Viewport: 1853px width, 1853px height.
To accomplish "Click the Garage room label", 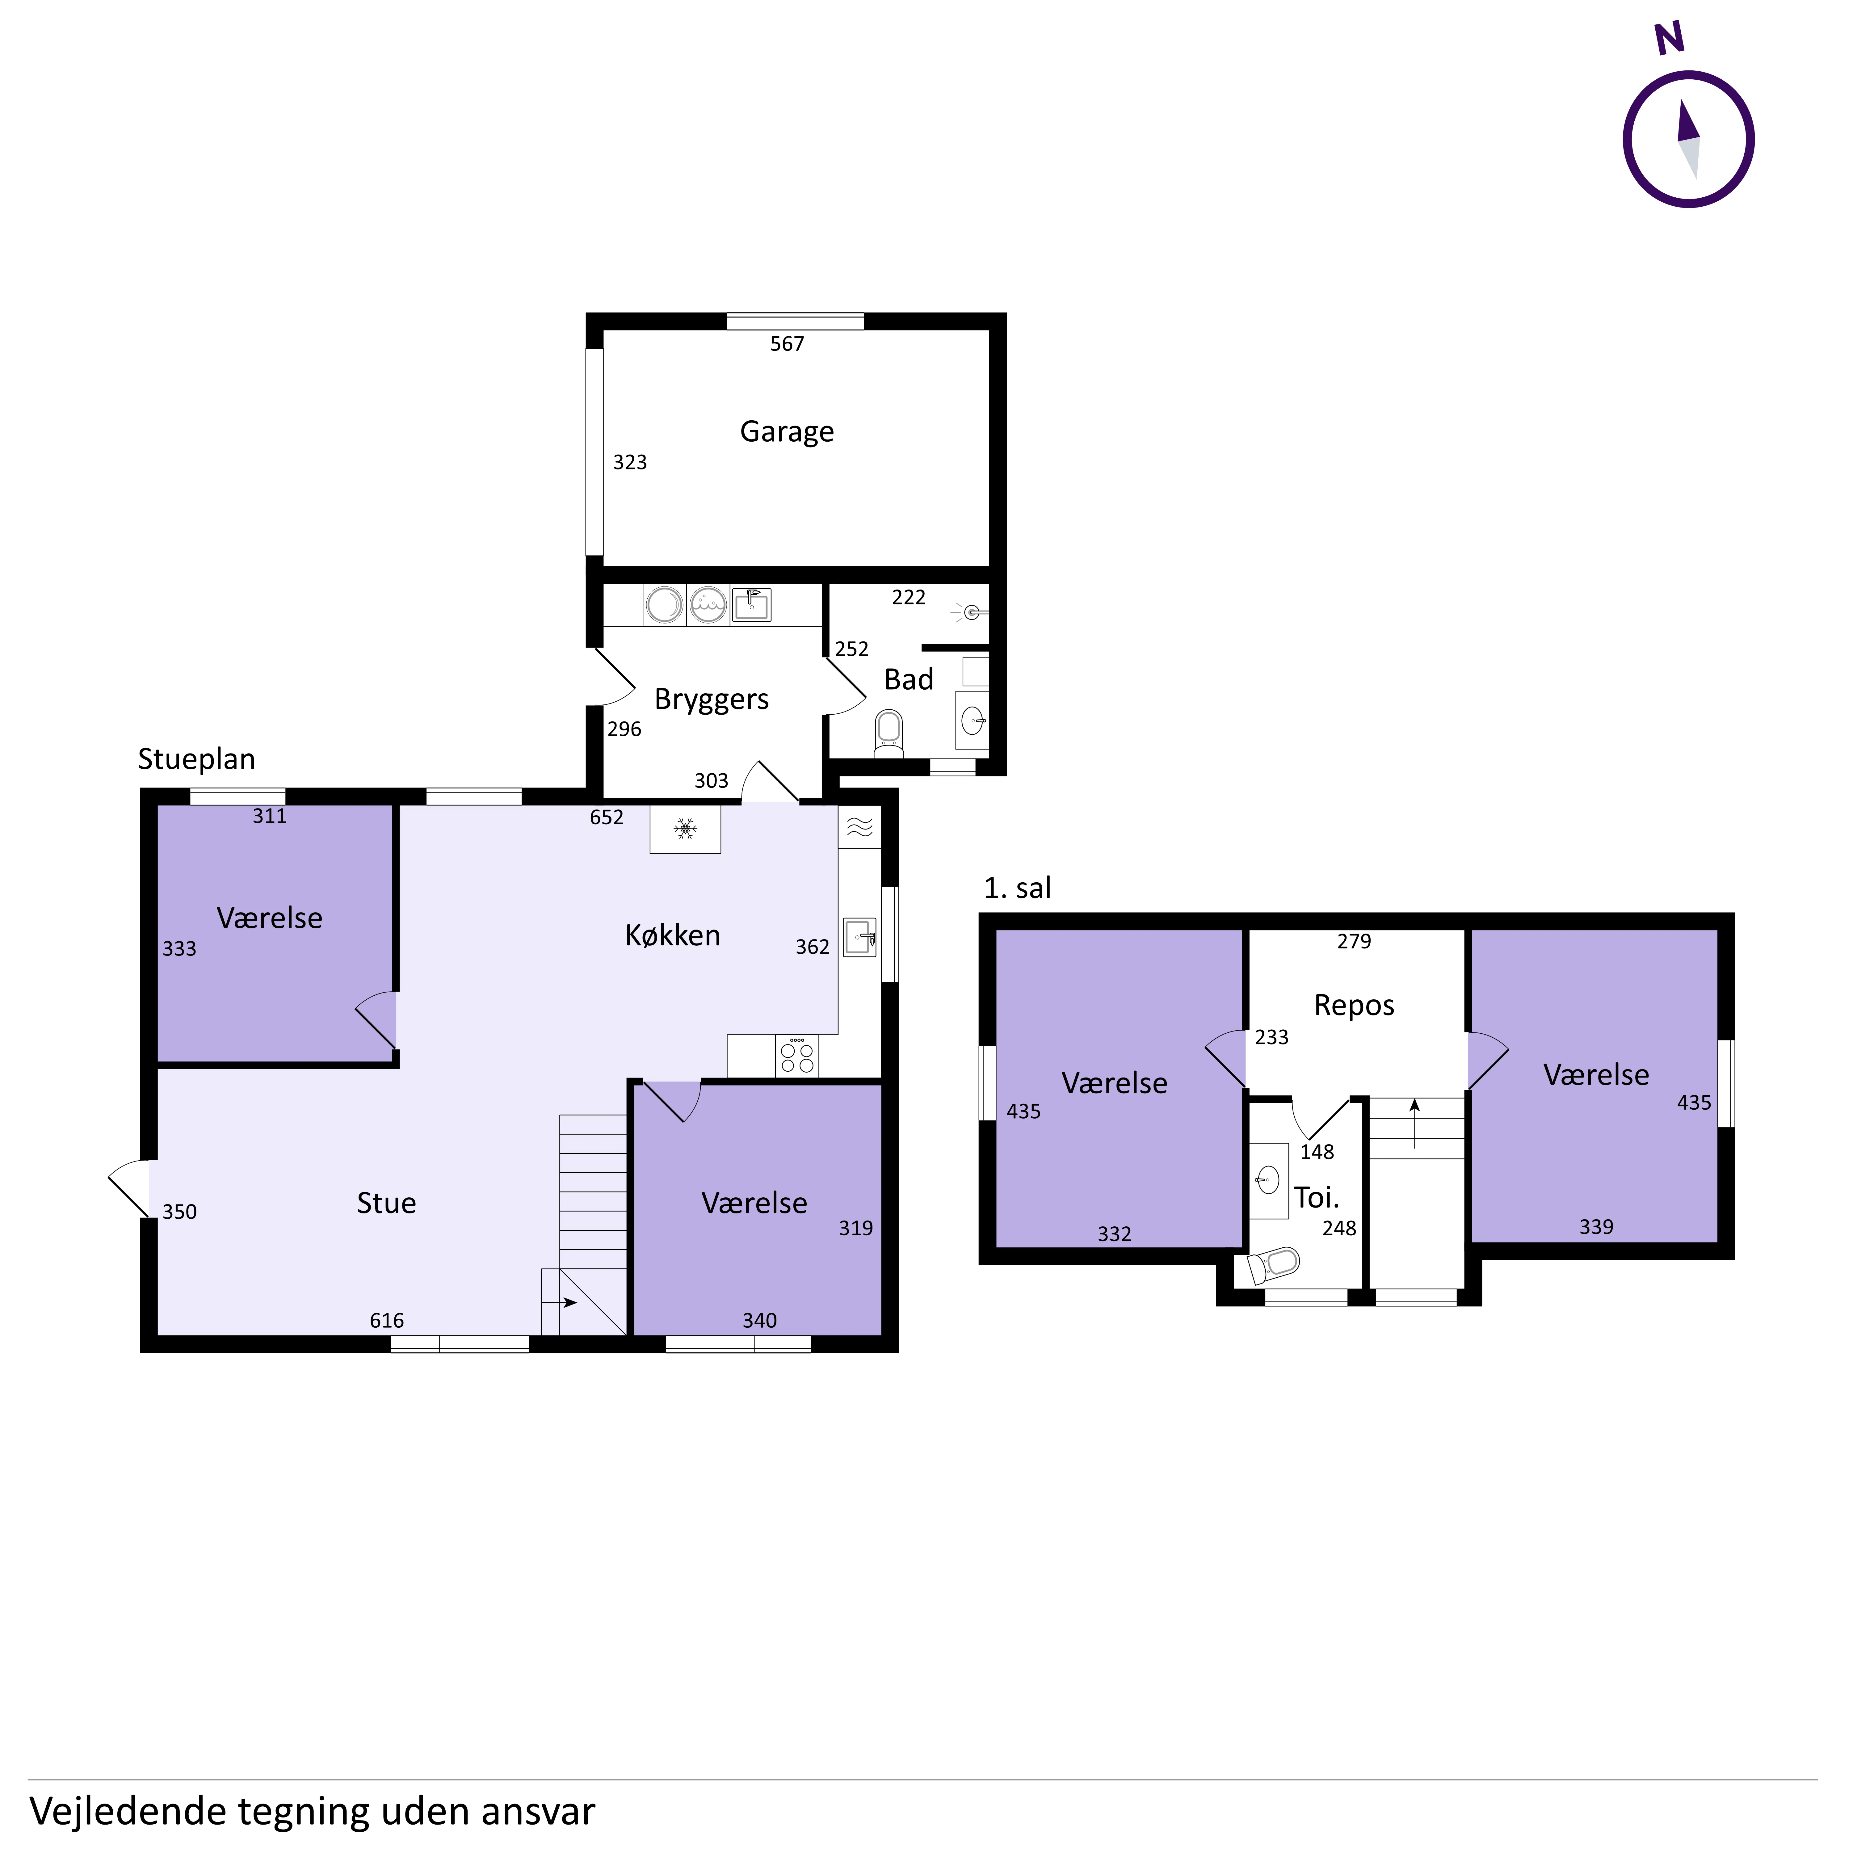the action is click(787, 432).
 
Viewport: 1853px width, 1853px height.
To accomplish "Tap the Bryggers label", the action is click(712, 699).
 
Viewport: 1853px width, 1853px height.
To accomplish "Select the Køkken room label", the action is click(672, 935).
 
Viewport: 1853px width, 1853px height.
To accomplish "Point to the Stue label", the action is click(387, 1203).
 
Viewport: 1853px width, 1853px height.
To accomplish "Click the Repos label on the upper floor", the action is click(1354, 1005).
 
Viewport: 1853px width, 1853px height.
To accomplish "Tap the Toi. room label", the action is click(1317, 1197).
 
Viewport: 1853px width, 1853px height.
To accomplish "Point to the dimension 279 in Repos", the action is click(1354, 941).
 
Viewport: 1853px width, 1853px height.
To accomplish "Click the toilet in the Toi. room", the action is click(1273, 1265).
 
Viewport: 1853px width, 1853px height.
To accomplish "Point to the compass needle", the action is click(1688, 139).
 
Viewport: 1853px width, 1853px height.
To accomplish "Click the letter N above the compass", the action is click(1670, 38).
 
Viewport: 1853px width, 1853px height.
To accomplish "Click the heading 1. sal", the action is click(1018, 888).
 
